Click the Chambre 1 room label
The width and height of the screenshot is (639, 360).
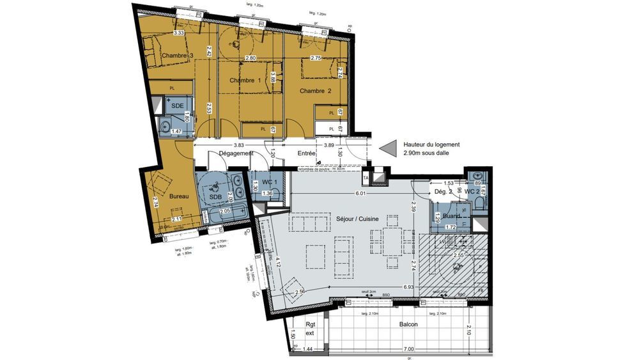click(x=245, y=81)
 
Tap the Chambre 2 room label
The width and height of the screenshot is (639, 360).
click(x=315, y=90)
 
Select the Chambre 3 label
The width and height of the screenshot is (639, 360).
click(x=178, y=56)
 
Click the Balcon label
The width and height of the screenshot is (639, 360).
click(x=408, y=324)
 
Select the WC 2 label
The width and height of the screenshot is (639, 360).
click(x=472, y=191)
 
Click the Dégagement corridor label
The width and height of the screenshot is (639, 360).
click(x=236, y=153)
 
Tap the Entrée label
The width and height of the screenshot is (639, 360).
click(x=307, y=153)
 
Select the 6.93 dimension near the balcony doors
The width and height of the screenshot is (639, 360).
click(x=409, y=288)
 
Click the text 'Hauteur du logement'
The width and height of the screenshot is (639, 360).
click(x=431, y=145)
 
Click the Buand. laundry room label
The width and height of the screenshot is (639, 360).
click(x=452, y=216)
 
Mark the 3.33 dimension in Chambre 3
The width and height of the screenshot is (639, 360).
click(x=179, y=33)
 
